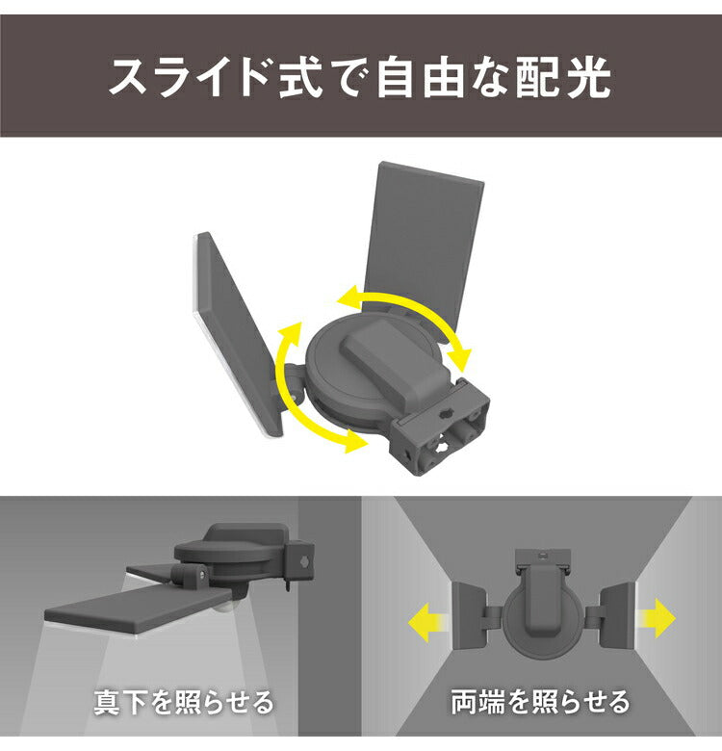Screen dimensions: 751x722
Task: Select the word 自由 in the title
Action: click(x=418, y=78)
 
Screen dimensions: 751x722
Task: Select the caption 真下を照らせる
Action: click(x=183, y=701)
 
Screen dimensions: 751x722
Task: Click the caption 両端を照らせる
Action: click(x=540, y=701)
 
